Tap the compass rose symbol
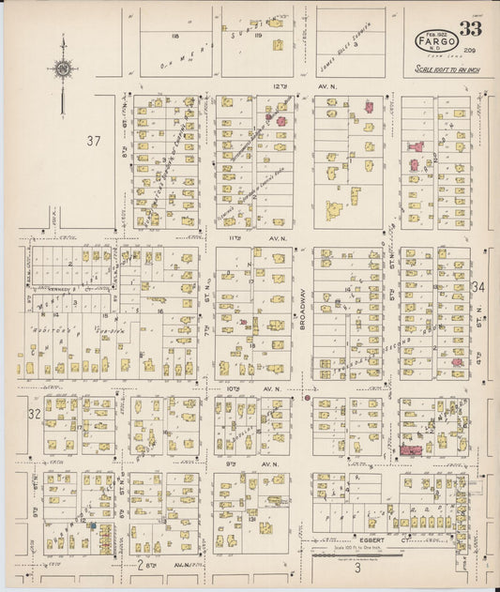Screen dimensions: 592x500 pos(62,68)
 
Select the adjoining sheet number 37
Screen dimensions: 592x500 pos(93,142)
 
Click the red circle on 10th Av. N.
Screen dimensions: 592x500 pos(306,398)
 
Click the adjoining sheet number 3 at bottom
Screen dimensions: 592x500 pos(356,567)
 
